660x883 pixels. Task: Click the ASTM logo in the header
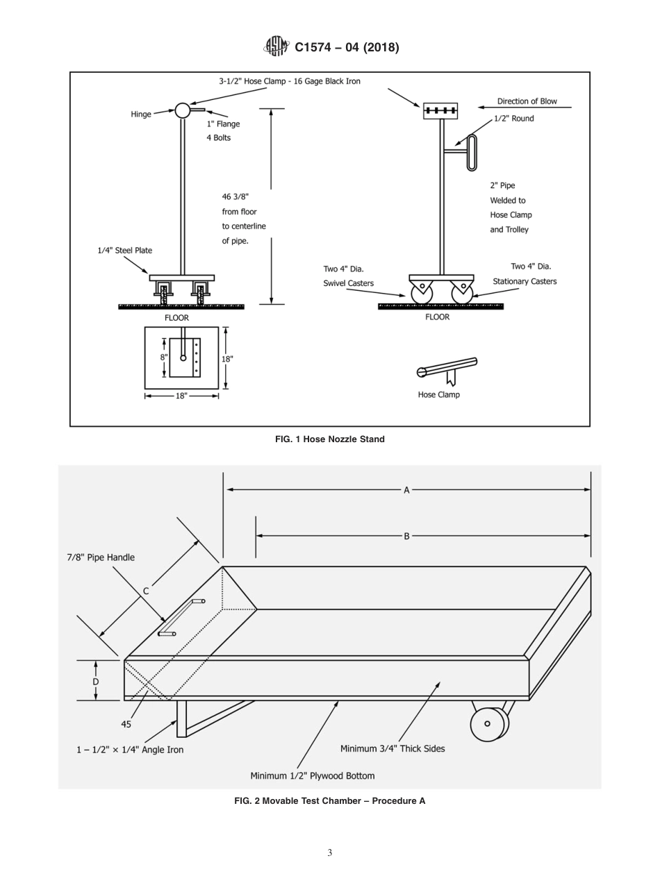coord(276,47)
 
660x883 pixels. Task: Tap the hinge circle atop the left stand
coord(182,110)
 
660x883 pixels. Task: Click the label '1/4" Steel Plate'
coord(124,251)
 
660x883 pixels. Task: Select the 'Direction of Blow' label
coord(527,101)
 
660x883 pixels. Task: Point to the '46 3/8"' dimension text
coord(235,197)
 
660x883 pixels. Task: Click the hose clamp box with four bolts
coord(440,110)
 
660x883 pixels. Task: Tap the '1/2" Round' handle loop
coord(472,152)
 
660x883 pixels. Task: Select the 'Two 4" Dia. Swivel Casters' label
coord(348,276)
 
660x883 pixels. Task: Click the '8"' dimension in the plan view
coord(164,358)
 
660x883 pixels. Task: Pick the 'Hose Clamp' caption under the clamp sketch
coord(438,395)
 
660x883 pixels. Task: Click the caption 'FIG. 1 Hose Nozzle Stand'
coord(329,439)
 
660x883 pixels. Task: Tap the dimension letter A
coord(407,490)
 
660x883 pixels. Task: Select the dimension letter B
coord(407,536)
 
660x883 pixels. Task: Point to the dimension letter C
coord(146,591)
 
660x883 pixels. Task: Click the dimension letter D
coord(96,682)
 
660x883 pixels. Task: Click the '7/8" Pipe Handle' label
coord(101,557)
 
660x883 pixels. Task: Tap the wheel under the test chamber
coord(488,723)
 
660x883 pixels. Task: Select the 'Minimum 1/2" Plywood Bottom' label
coord(312,775)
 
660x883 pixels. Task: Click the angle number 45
coord(126,724)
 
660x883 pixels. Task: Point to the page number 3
coord(330,853)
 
